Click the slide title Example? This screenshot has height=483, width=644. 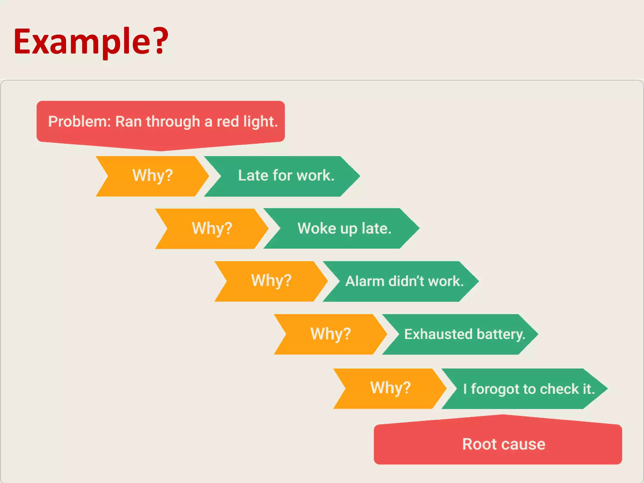coord(91,42)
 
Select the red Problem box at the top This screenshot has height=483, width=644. coord(160,123)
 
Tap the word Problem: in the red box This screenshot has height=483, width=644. coord(79,122)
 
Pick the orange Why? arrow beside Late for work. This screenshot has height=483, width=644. coord(153,176)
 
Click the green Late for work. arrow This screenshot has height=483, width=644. coord(285,176)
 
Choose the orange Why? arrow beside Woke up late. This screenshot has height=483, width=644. coord(212,229)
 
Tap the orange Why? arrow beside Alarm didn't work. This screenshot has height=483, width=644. coord(271,281)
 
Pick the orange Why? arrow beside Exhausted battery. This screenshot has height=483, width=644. coord(330,334)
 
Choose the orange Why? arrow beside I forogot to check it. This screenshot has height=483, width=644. coord(390,389)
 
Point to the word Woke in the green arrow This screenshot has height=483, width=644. coord(317,229)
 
